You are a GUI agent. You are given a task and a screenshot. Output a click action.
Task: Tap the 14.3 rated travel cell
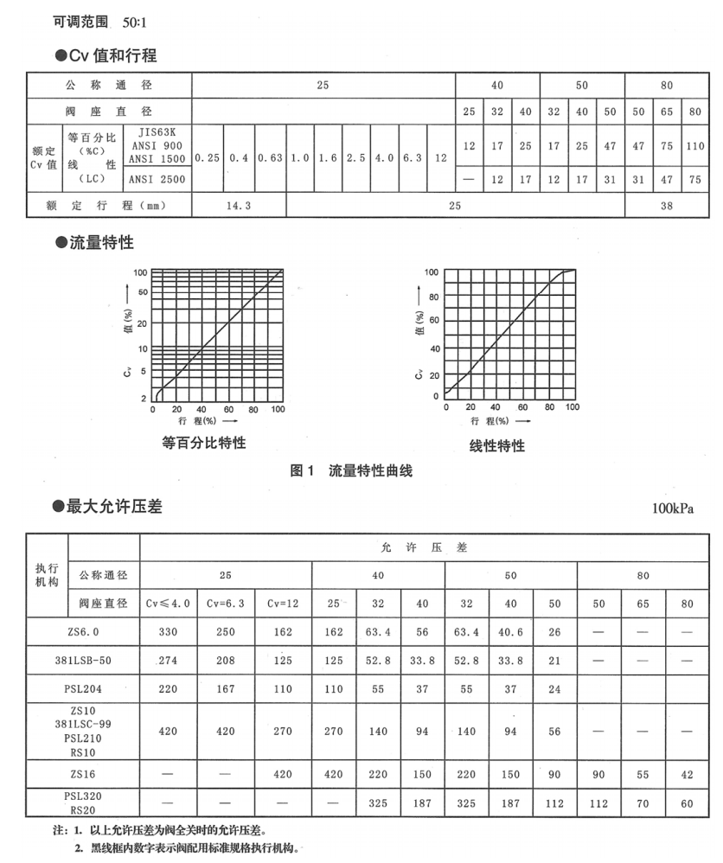tap(238, 207)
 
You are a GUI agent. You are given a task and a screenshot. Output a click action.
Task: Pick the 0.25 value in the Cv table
tap(206, 158)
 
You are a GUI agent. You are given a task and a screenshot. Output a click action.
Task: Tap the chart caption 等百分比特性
tap(204, 443)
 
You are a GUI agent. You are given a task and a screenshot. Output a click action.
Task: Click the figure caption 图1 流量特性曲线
tap(352, 471)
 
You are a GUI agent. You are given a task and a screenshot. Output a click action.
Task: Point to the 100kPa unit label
tap(674, 508)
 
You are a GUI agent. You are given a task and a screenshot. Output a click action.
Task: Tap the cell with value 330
tap(169, 631)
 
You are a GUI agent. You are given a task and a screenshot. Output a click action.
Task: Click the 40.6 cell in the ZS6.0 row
tap(510, 631)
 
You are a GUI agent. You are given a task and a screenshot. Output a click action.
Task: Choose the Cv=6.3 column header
tap(225, 604)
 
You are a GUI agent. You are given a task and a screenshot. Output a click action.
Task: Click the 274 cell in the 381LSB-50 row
tap(169, 662)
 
